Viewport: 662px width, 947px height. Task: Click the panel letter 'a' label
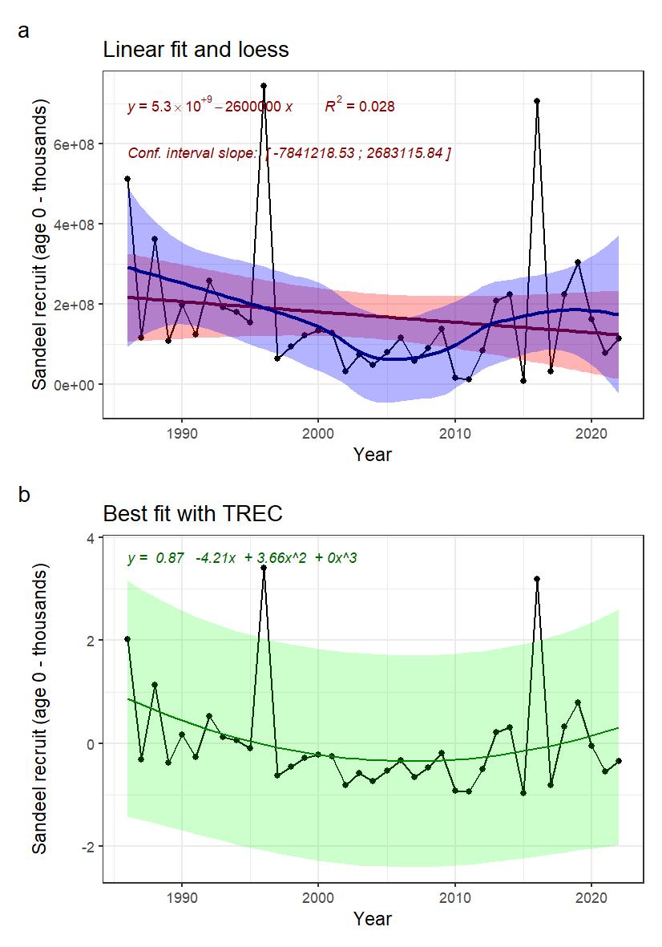23,33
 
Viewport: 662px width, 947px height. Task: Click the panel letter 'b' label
24,496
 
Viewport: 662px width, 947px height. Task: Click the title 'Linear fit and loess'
196,50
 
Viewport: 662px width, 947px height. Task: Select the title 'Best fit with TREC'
192,513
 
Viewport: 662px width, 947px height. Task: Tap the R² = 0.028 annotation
359,106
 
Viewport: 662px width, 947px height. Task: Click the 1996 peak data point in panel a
264,85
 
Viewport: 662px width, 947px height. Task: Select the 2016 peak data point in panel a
537,101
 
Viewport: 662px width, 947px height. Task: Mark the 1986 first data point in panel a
127,179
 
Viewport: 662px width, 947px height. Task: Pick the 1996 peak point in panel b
264,568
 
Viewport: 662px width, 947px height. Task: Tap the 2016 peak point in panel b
537,578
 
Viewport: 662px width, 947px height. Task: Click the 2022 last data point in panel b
619,760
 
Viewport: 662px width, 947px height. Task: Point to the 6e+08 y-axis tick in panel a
75,144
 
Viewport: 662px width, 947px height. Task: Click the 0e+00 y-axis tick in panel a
75,385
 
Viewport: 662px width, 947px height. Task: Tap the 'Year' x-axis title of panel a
373,455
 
